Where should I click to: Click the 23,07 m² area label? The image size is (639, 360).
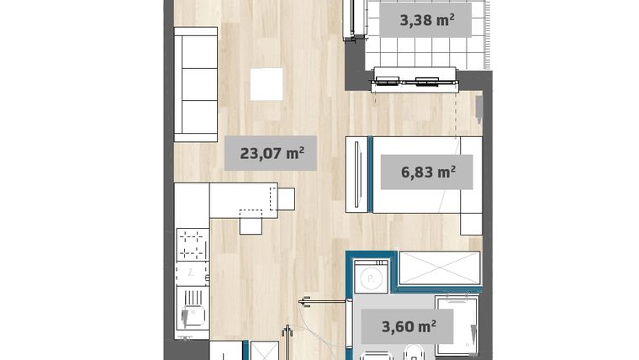tap(272, 153)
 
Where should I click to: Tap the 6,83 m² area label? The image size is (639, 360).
tap(428, 172)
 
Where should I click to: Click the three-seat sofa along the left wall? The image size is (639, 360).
tap(195, 84)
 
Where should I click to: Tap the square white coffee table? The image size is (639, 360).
tap(267, 84)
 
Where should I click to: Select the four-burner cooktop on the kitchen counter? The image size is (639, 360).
tap(193, 244)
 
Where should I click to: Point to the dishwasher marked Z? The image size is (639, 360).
tap(192, 273)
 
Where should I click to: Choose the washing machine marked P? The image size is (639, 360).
tap(370, 277)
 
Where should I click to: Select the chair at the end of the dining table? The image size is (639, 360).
tap(287, 199)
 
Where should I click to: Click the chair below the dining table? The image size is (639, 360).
tap(251, 223)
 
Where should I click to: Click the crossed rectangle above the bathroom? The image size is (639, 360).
tap(438, 268)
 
